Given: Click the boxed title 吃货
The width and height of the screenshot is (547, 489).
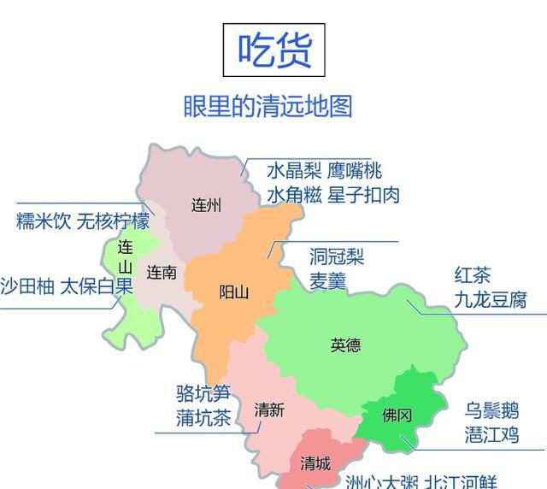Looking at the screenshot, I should click(x=275, y=50).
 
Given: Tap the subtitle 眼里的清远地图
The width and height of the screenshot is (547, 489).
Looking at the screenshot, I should click(x=268, y=106).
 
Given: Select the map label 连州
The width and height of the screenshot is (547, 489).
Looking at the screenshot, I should click(x=206, y=205).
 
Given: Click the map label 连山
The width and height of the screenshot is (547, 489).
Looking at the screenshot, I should click(x=126, y=256).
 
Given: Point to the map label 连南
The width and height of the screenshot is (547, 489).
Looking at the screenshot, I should click(x=162, y=273).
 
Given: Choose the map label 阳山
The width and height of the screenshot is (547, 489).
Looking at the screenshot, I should click(x=233, y=292).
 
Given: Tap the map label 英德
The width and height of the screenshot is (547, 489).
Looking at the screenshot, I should click(x=345, y=345).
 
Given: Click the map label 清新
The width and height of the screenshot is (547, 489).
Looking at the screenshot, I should click(x=269, y=410).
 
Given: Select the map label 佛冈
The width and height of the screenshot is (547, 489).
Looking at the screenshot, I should click(x=397, y=415).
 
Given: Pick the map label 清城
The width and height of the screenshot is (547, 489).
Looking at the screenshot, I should click(x=315, y=464).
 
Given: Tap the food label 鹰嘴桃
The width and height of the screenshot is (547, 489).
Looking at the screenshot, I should click(x=355, y=171).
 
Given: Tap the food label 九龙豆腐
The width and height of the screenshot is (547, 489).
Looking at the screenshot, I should click(x=491, y=300).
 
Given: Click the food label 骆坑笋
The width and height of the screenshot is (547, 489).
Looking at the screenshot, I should click(x=203, y=394).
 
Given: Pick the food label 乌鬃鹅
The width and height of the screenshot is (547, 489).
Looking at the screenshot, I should click(x=492, y=409).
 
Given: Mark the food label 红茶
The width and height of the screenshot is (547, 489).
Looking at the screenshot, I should click(x=473, y=276).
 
